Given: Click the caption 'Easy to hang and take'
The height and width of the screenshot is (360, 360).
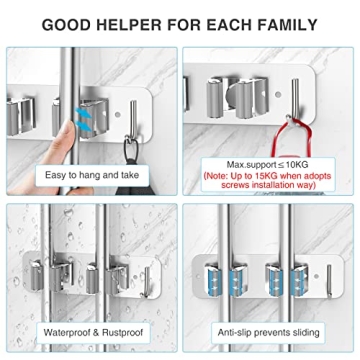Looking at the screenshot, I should (x=90, y=175).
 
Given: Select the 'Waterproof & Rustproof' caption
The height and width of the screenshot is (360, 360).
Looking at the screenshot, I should (x=90, y=333).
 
